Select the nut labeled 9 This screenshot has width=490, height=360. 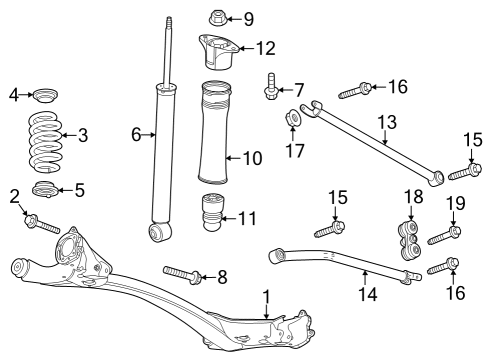click(x=219, y=17)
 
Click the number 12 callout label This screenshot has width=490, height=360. click(x=264, y=47)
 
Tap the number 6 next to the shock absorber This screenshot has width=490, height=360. click(x=135, y=134)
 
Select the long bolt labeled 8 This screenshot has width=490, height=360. click(x=181, y=272)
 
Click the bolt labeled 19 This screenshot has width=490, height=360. click(x=445, y=236)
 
